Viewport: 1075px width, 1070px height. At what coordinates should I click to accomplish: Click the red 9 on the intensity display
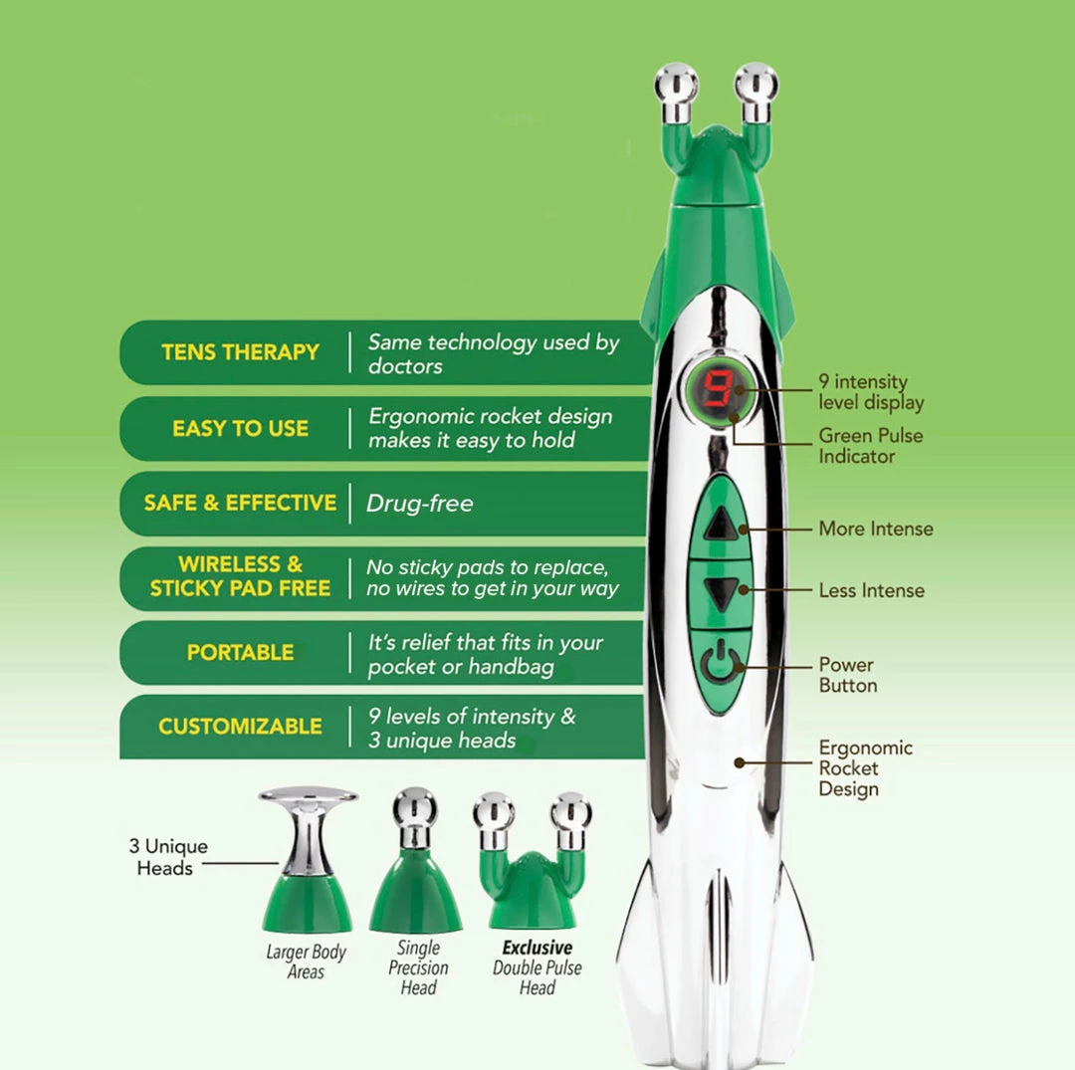click(x=718, y=388)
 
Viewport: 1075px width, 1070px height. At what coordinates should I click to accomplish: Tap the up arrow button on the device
click(x=721, y=525)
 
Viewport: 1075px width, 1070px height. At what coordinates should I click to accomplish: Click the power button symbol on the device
click(x=721, y=662)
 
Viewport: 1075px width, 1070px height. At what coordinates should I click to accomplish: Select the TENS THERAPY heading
click(x=240, y=352)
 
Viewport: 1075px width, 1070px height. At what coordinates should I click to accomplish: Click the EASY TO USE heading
click(x=240, y=428)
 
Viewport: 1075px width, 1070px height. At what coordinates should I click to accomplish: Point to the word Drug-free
click(x=420, y=503)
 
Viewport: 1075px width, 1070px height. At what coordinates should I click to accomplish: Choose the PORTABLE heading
click(x=240, y=652)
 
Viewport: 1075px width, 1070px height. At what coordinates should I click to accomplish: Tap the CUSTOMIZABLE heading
click(x=240, y=726)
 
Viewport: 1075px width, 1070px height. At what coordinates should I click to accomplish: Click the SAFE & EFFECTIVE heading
click(x=240, y=503)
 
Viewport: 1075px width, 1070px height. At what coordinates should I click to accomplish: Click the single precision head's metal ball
click(x=415, y=807)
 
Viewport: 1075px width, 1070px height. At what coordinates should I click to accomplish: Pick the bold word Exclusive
click(x=537, y=948)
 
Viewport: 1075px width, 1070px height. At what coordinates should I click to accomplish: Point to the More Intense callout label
click(x=876, y=529)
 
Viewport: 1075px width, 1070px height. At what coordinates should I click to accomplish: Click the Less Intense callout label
click(x=871, y=590)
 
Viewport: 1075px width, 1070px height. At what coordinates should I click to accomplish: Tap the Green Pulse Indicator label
click(x=871, y=446)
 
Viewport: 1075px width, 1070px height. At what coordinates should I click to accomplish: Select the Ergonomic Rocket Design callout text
click(x=865, y=767)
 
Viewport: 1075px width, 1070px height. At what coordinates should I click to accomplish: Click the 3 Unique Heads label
click(x=168, y=857)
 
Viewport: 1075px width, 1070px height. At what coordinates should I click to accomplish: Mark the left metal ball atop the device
click(x=676, y=86)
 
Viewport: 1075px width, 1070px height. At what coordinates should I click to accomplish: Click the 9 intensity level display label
click(x=871, y=391)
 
